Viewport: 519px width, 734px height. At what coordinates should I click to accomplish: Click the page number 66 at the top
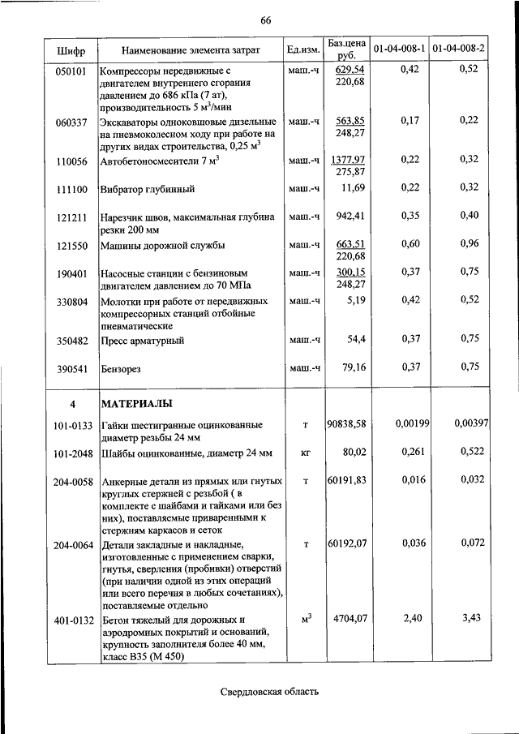tap(265, 21)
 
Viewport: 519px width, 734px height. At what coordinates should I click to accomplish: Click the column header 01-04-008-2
tap(459, 49)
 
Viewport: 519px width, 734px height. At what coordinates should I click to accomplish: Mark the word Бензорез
tap(121, 368)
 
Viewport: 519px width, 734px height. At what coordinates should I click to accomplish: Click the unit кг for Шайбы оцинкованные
tap(306, 452)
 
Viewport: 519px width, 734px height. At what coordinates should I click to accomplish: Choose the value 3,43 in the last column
tap(470, 619)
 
